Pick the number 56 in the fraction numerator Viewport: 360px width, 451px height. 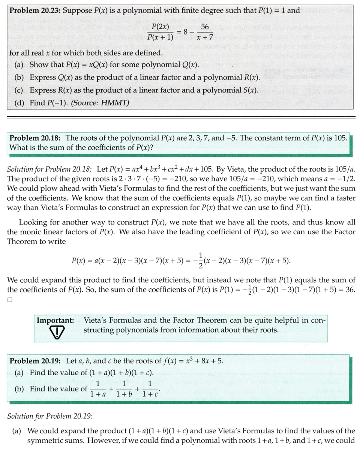pyautogui.click(x=205, y=27)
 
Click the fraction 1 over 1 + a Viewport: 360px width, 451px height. pyautogui.click(x=97, y=389)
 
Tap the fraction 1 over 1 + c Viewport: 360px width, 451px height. pyautogui.click(x=150, y=389)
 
